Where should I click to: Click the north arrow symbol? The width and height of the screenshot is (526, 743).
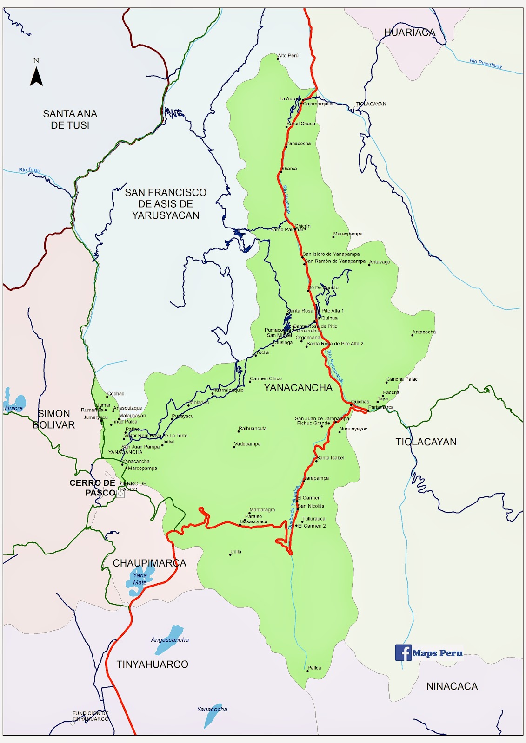(x=36, y=76)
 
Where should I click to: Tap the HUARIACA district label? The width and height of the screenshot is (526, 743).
(x=409, y=33)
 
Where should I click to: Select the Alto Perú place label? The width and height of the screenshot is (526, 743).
(x=288, y=56)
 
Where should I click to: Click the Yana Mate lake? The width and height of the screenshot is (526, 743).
(x=139, y=580)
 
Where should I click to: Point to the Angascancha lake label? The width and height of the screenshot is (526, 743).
(x=170, y=640)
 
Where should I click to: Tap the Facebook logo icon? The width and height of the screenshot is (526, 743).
(x=403, y=652)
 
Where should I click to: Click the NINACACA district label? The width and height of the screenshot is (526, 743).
(x=452, y=686)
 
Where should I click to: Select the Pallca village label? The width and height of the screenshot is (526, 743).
(x=314, y=668)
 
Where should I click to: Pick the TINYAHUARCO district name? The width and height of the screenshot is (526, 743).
(x=153, y=665)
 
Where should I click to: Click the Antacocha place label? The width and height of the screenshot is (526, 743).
(x=424, y=332)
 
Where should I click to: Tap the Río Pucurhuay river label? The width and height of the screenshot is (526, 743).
(x=486, y=63)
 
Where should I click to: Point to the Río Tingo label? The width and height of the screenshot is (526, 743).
(x=29, y=170)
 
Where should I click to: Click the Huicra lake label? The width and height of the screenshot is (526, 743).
(x=13, y=408)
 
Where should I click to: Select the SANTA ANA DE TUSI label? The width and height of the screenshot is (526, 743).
(x=70, y=119)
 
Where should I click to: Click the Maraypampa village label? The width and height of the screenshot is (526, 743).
(x=348, y=234)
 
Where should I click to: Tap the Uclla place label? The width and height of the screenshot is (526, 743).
(x=236, y=552)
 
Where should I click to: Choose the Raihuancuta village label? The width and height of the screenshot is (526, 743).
(x=253, y=429)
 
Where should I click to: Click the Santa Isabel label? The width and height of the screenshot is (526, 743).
(x=330, y=458)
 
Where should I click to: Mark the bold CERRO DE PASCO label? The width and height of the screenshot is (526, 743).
(x=93, y=488)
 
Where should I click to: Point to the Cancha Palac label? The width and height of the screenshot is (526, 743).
(x=402, y=379)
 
